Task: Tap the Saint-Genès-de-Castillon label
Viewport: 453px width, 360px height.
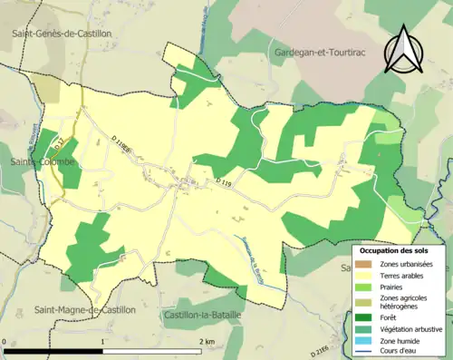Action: coord(63,33)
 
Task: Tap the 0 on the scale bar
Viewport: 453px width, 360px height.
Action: coord(5,341)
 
